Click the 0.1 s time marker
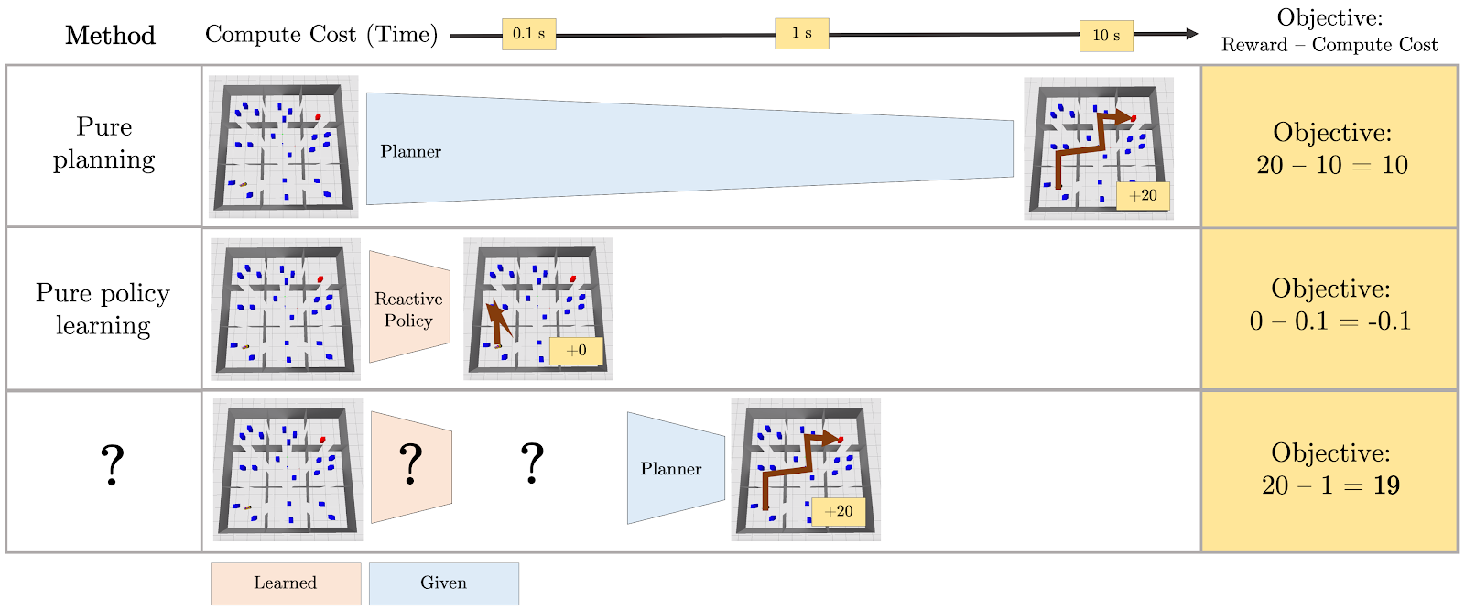[529, 34]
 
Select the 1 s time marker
[802, 33]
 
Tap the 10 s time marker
[1106, 36]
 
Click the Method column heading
[110, 36]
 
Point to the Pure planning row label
[104, 143]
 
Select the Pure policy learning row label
[103, 309]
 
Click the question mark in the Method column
[112, 464]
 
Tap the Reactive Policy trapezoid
[409, 306]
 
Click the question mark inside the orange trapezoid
[411, 463]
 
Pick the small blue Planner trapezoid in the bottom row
[676, 468]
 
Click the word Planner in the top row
[411, 151]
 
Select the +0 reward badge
[576, 351]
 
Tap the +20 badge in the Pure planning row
[1143, 196]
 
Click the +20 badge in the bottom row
[838, 512]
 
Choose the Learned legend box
[286, 583]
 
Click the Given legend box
[443, 583]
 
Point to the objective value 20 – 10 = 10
[1331, 165]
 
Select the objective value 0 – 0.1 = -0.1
[1330, 321]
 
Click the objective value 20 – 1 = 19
[1331, 485]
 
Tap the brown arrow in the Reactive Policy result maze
[498, 322]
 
